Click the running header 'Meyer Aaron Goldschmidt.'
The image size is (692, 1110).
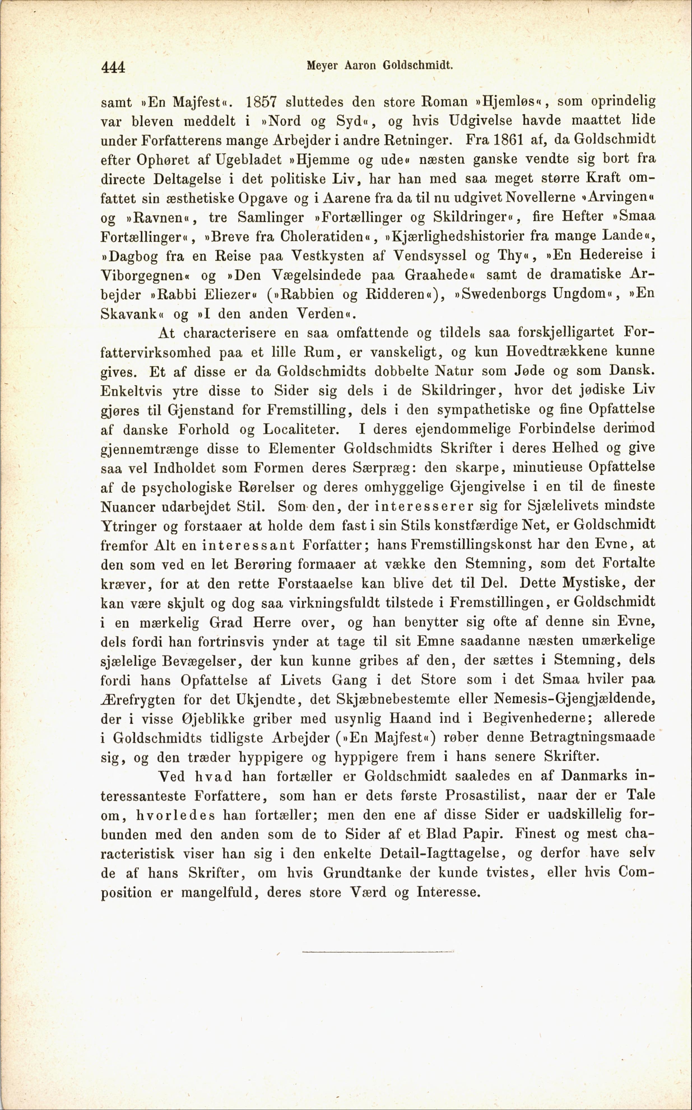[379, 66]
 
